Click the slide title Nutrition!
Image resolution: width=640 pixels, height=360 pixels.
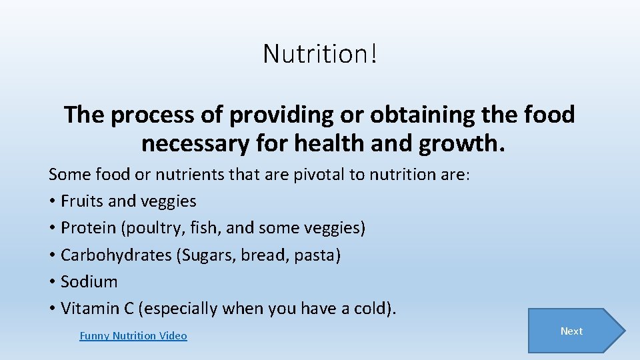pos(320,53)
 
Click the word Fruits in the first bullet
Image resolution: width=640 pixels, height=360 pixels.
pos(81,201)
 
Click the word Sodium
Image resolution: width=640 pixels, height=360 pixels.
pos(89,282)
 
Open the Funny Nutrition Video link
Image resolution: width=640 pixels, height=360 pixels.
pos(133,336)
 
